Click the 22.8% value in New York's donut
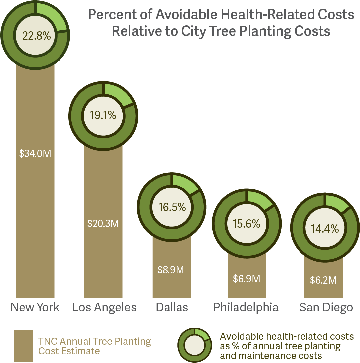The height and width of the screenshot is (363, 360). click(36, 35)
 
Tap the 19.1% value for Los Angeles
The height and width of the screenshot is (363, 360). click(103, 115)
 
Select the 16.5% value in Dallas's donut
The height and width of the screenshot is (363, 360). click(172, 207)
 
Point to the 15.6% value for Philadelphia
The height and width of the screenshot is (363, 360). click(246, 224)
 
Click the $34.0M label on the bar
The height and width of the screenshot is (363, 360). click(35, 154)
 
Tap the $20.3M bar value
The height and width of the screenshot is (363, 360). click(103, 223)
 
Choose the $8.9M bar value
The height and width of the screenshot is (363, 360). click(171, 269)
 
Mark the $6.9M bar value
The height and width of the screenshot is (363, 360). click(246, 279)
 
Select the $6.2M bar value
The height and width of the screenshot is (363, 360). click(323, 280)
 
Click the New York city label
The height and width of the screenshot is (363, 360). click(35, 307)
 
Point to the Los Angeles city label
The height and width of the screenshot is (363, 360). click(105, 307)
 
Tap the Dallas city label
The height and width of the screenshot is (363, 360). click(172, 307)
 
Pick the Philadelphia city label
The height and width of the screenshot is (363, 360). click(246, 307)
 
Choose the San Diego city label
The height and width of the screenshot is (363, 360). click(326, 307)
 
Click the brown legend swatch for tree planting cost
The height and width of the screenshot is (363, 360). click(24, 346)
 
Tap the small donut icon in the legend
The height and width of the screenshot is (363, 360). click(194, 346)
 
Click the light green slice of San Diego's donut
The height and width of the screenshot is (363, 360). click(336, 203)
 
